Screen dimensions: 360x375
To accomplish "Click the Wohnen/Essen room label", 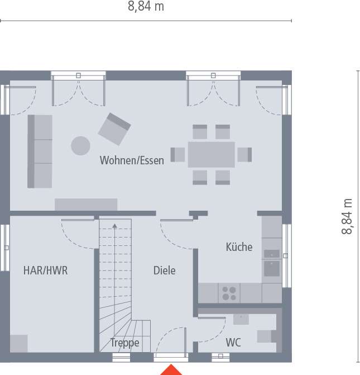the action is tap(132, 160).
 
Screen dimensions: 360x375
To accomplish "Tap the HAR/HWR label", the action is tap(45, 270).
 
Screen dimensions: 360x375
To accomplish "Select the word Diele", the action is tap(164, 270).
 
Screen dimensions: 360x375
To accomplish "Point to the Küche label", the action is tap(239, 247).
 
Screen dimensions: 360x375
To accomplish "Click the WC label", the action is tap(233, 343).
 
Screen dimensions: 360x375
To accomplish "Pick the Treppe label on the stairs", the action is tap(124, 343).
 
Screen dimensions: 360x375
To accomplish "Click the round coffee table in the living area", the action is tap(80, 146).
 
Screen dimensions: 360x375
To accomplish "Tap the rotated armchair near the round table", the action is tap(114, 129).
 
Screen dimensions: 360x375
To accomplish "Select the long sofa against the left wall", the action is tap(40, 151).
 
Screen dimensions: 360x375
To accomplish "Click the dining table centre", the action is tap(212, 154).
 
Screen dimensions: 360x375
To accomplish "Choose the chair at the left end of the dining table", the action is tap(177, 154).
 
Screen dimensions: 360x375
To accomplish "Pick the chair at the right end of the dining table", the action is tap(244, 154).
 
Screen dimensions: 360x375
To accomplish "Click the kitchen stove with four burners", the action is tap(229, 293).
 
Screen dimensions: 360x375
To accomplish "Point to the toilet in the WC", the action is tap(267, 336).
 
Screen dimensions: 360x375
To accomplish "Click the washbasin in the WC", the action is tap(241, 319).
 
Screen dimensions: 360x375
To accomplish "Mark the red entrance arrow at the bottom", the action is tap(171, 370).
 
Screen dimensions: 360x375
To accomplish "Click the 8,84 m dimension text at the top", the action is tap(146, 6).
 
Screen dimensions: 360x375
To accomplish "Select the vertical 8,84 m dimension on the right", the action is tap(347, 216).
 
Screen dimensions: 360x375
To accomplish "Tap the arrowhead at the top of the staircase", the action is tap(114, 226).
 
